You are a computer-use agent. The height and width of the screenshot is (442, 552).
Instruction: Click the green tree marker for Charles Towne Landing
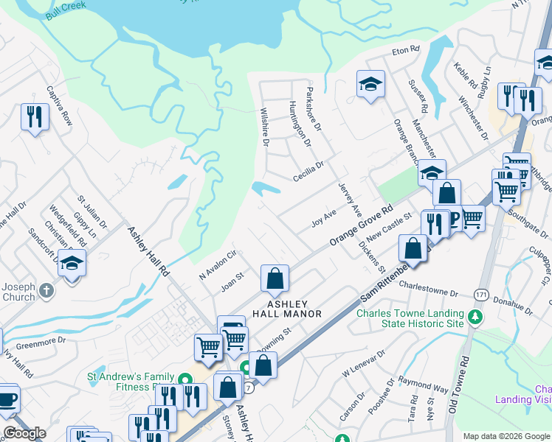click(476, 318)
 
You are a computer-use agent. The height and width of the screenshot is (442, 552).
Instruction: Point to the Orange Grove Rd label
click(359, 222)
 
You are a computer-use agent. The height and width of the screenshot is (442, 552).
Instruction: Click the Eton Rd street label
click(405, 50)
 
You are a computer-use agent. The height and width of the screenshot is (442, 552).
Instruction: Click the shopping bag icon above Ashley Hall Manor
click(275, 278)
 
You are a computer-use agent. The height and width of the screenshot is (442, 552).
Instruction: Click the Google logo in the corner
click(24, 433)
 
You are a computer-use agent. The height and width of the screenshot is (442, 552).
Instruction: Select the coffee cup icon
click(7, 399)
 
